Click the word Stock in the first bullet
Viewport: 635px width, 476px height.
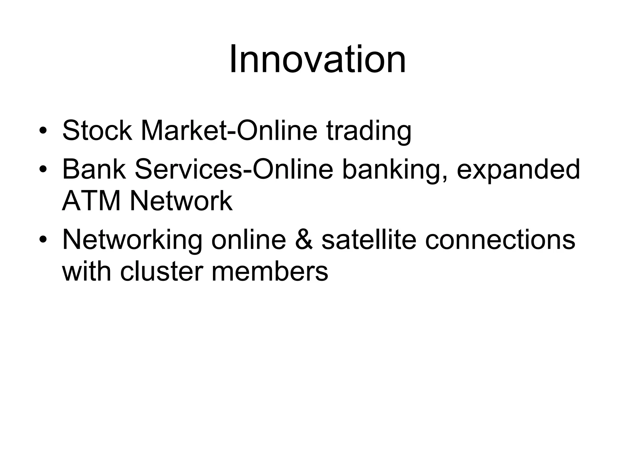[97, 130]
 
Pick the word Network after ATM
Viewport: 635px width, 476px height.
[181, 201]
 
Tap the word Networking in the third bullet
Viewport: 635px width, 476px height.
[132, 240]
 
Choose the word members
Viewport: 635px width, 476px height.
[269, 272]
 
